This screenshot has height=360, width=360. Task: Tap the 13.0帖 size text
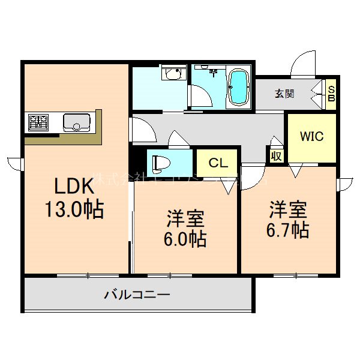73,209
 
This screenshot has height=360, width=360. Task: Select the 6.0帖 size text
186,239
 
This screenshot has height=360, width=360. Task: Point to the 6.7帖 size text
289,229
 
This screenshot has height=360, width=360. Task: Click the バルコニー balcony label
137,295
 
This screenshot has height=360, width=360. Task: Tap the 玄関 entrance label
285,94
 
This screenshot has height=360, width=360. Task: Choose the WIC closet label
311,137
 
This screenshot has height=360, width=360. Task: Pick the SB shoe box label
331,94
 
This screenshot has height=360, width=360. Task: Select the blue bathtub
238,87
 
